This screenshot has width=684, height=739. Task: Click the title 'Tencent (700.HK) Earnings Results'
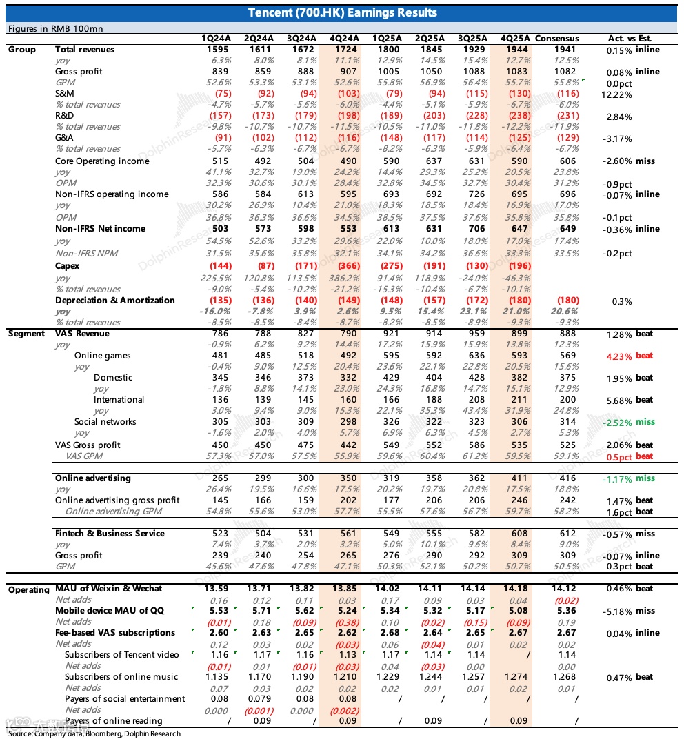342,12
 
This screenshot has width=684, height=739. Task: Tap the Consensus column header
556,39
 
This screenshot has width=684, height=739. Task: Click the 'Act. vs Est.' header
630,39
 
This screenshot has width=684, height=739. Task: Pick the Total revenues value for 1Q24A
212,50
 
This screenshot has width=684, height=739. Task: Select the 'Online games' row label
102,356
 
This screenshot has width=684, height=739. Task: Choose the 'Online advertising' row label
92,478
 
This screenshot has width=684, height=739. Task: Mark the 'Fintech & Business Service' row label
110,534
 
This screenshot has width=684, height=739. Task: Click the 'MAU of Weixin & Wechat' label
108,589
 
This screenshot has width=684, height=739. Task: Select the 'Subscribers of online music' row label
121,677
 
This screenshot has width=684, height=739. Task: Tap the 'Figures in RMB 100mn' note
54,28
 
